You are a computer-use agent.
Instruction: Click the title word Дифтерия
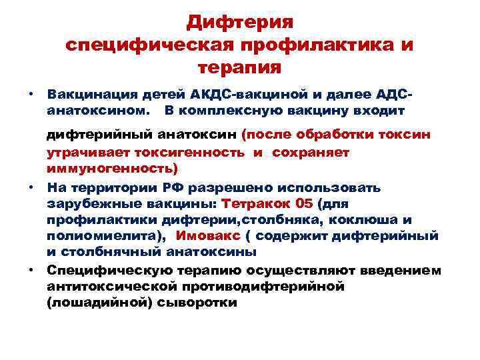pyautogui.click(x=239, y=22)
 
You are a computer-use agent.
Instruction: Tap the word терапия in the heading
pyautogui.click(x=239, y=67)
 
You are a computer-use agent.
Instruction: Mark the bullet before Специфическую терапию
pyautogui.click(x=31, y=269)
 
